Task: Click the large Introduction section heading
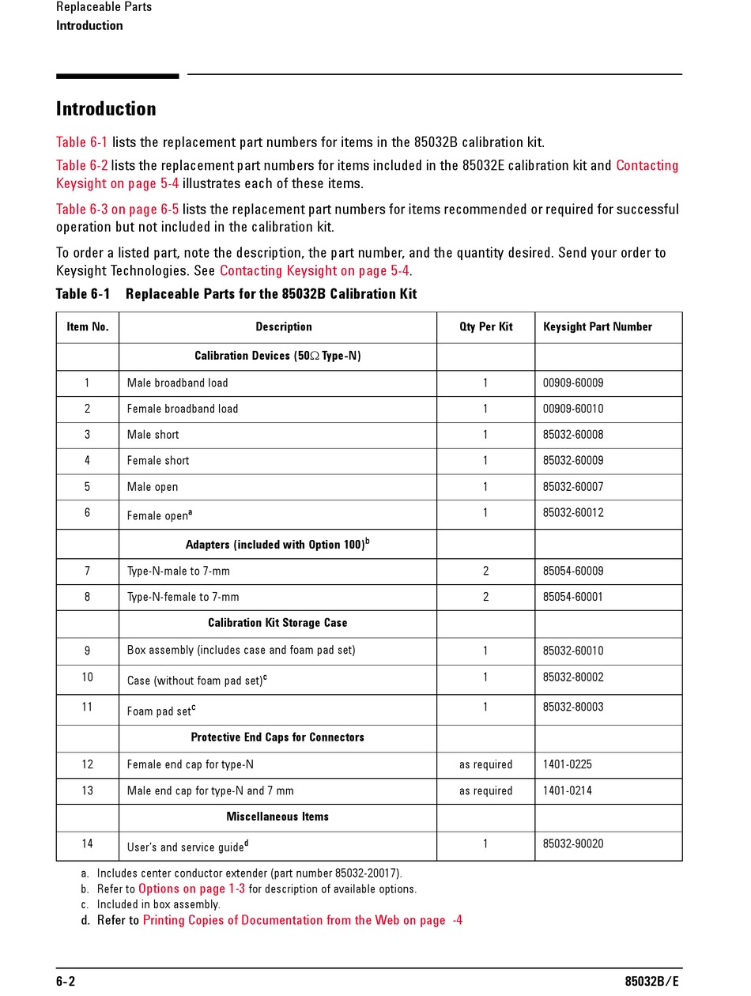coord(106,109)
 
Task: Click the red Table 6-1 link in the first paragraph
coord(81,142)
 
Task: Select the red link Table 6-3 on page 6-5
coord(117,209)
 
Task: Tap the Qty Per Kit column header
coord(485,327)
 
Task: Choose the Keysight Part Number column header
coord(597,327)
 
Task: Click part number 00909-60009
coord(572,383)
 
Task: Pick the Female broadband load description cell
coord(183,409)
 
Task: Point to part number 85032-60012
coord(572,513)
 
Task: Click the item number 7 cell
coord(87,572)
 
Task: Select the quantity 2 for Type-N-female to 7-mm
coord(485,598)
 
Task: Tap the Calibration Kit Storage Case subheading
coord(277,623)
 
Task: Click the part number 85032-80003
coord(572,707)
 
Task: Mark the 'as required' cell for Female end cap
coord(485,765)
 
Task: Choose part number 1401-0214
coord(567,791)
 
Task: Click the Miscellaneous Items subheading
coord(277,817)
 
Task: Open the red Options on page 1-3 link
coord(192,889)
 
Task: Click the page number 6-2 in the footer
coord(66,982)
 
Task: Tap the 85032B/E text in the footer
coord(651,982)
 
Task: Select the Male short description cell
coord(153,436)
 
